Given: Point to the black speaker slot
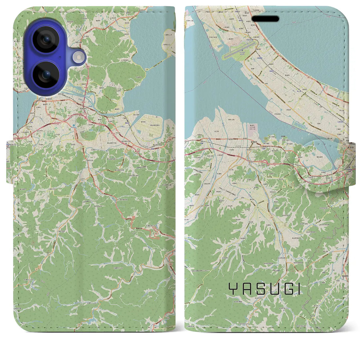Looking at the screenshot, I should (265, 19).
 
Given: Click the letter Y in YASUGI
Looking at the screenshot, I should (232, 289).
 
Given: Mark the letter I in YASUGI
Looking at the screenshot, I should (297, 289).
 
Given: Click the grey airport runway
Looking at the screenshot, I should (238, 52).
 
